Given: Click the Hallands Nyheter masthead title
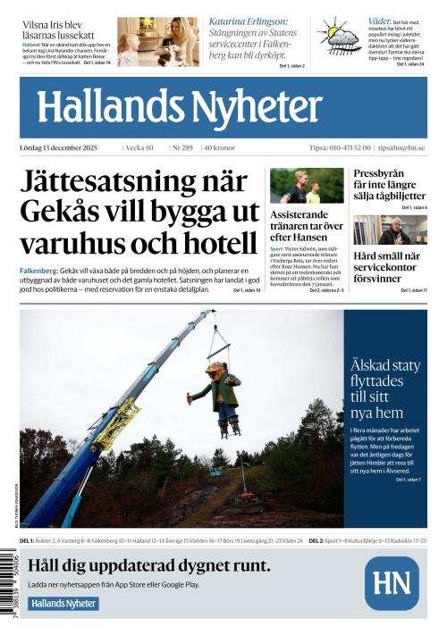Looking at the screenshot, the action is [179, 107].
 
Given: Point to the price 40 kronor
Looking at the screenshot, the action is [221, 147].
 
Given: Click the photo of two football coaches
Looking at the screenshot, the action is [307, 186].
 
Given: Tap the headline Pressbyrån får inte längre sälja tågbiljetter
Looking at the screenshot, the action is [390, 184].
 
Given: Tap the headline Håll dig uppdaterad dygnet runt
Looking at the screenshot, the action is [148, 565].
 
